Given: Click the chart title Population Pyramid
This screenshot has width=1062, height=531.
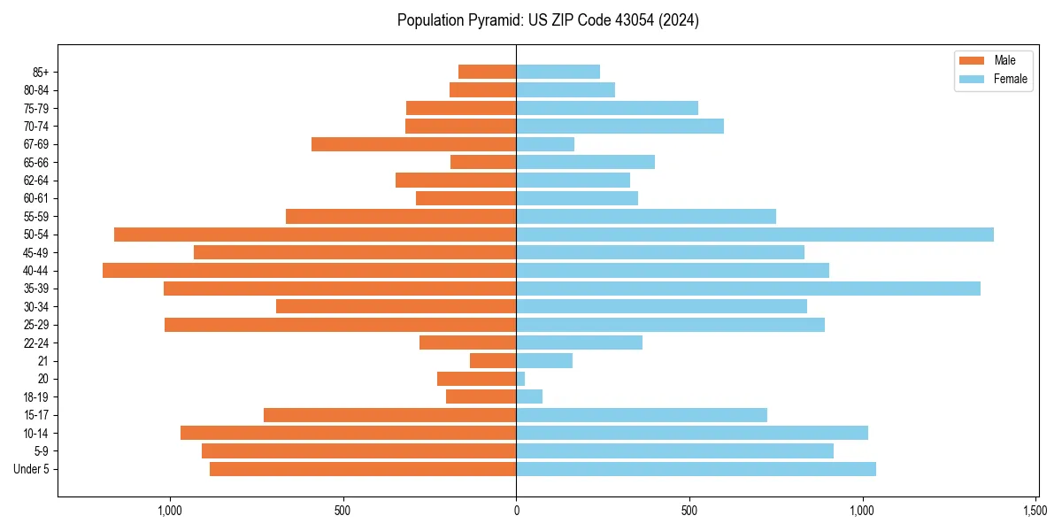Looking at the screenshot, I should tap(548, 20).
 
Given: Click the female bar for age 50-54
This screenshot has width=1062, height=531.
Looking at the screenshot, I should tap(754, 235).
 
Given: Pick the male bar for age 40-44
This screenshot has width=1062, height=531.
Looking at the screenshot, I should tap(310, 271).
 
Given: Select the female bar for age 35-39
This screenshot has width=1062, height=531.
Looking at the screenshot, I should tap(748, 289).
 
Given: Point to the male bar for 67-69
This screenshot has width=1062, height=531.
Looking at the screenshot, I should tap(414, 144).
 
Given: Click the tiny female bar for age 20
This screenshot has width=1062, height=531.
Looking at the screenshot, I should tap(520, 379).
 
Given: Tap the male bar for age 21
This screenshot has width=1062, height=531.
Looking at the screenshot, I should tap(493, 361).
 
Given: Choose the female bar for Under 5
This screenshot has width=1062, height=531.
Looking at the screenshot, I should tap(696, 469).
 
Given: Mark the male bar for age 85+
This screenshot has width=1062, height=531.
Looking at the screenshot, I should tap(488, 72).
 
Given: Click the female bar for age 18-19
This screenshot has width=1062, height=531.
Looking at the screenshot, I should tap(529, 396).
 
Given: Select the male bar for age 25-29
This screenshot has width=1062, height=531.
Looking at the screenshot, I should tap(341, 325).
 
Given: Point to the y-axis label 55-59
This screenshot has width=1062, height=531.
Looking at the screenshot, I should tap(36, 217).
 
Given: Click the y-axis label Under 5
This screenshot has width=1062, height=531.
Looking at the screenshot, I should tap(32, 469).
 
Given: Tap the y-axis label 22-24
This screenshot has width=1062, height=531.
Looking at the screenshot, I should tap(36, 343).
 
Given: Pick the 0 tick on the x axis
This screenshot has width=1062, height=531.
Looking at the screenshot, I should tap(516, 511).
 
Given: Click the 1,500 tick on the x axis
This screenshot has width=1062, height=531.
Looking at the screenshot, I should tap(1036, 511).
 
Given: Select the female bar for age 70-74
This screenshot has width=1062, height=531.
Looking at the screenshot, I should tap(619, 127).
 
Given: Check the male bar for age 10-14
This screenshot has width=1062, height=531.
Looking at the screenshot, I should tap(349, 433).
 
